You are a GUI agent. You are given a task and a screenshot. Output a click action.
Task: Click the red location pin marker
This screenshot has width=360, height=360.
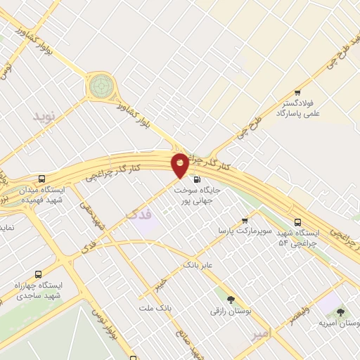[x=180, y=165]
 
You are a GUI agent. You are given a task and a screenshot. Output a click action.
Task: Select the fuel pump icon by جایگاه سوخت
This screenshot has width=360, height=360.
[x=196, y=178]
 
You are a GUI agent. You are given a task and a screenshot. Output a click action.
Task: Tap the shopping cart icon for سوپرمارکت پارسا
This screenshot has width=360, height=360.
[x=245, y=220]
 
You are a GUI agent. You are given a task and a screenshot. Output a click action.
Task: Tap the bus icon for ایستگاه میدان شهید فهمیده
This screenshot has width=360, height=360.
[x=41, y=179]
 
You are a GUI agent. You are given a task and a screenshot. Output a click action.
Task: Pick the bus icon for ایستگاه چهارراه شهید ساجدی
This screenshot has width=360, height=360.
[x=38, y=274]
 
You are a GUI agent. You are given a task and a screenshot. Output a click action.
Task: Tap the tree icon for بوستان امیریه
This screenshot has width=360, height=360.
[x=341, y=312]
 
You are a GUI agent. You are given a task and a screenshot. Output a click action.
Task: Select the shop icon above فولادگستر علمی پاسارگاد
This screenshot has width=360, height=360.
[x=298, y=92]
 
